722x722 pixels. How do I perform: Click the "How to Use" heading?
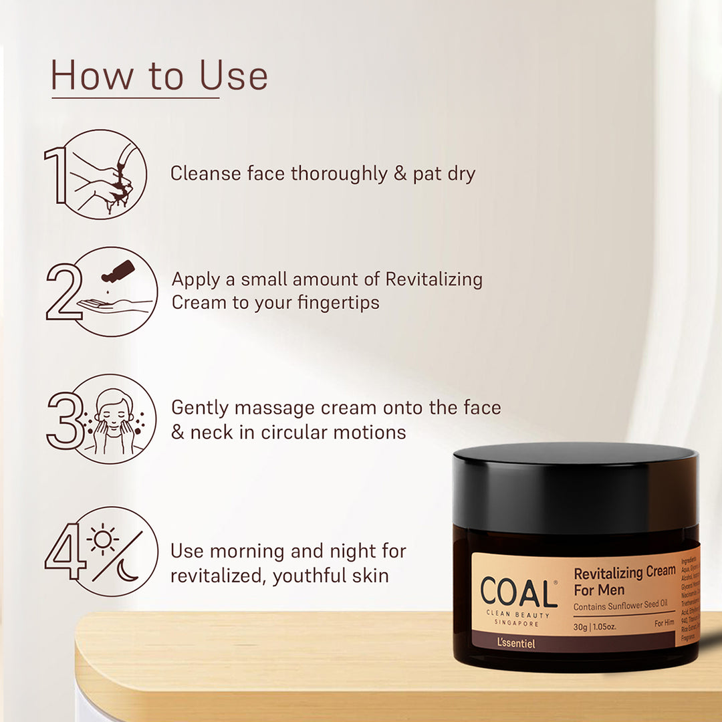point(159,76)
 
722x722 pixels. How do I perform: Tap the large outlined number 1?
point(56,175)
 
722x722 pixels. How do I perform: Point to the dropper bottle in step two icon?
point(118,271)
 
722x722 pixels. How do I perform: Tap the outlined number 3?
point(65,420)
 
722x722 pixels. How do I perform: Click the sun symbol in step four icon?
point(104,539)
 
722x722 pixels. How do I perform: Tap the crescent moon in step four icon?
point(128,570)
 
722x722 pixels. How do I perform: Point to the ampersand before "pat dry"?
point(400,174)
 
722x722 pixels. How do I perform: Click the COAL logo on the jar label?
point(519,593)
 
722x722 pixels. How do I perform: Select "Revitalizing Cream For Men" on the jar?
point(624,581)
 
